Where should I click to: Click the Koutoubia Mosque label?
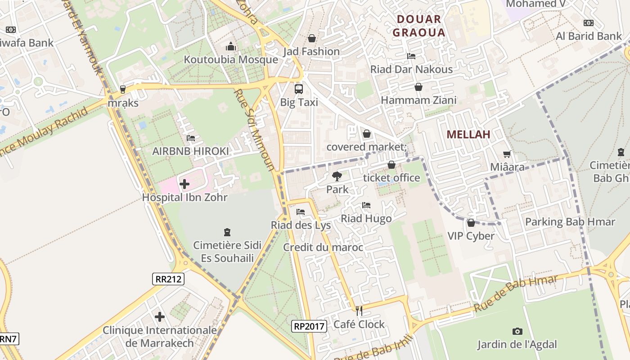click(x=231, y=60)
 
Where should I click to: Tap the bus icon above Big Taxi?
click(x=299, y=89)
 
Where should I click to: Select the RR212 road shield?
click(x=168, y=279)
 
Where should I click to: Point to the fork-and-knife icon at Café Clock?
click(x=359, y=310)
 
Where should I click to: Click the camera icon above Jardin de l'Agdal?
click(x=517, y=331)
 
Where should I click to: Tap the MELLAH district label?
click(x=468, y=135)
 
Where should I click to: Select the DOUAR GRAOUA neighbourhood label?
click(x=419, y=26)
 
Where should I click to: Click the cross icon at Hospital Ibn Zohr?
click(x=184, y=184)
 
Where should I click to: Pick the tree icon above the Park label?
click(x=337, y=176)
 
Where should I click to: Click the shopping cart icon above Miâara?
click(x=507, y=154)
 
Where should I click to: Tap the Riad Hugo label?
click(x=366, y=219)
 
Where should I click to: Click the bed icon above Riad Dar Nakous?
click(x=411, y=56)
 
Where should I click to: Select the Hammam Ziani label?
click(x=418, y=100)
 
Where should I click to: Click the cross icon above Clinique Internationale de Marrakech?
click(x=160, y=317)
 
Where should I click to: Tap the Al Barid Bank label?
click(x=589, y=36)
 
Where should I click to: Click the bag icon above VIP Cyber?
click(x=471, y=223)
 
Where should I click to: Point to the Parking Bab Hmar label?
click(x=570, y=222)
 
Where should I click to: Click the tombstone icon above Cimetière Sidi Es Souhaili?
click(x=227, y=232)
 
